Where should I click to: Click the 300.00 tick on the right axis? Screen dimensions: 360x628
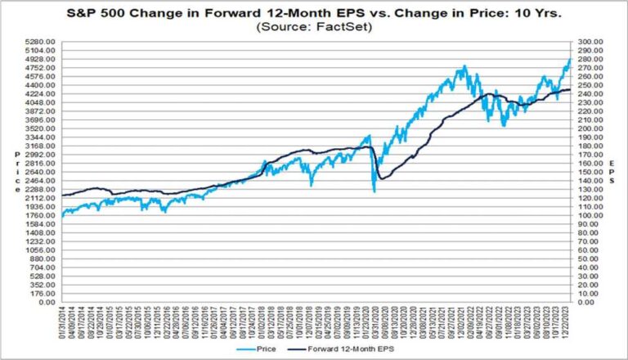tap(590, 42)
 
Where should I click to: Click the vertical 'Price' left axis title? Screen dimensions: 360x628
tap(16, 172)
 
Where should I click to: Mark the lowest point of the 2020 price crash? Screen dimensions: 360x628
tap(375, 191)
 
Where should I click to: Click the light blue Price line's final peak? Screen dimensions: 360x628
tap(569, 59)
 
